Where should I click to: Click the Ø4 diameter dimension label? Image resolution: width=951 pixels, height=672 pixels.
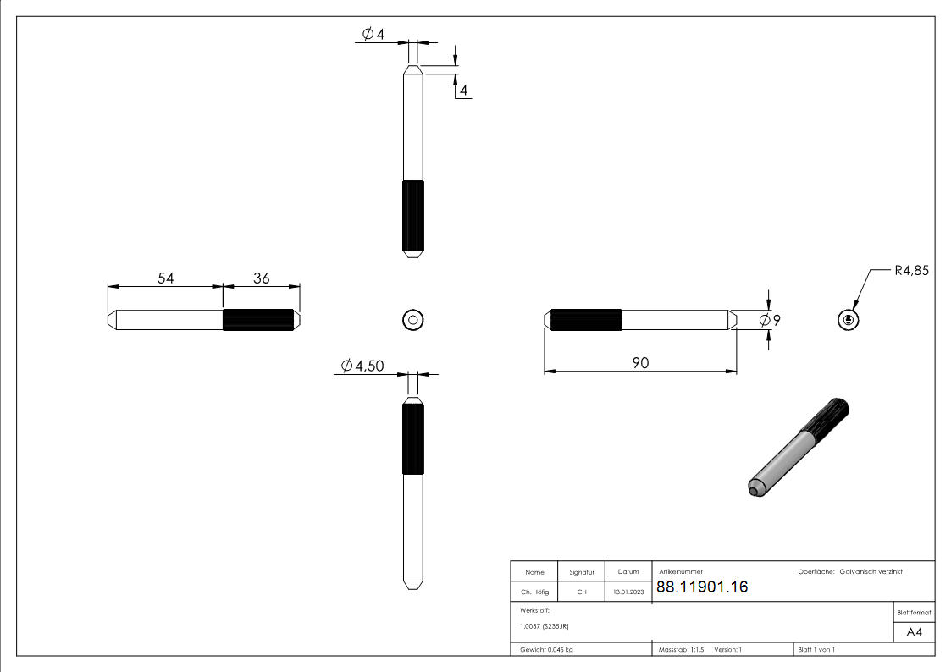pos(373,34)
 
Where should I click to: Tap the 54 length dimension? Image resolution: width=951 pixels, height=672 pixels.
pos(166,278)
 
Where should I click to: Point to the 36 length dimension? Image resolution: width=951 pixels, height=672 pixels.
pos(262,278)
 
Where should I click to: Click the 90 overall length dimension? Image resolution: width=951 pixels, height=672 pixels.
pos(640,362)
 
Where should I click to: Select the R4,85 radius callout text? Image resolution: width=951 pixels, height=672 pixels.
pos(911,272)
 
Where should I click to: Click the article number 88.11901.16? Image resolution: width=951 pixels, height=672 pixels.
pos(702,587)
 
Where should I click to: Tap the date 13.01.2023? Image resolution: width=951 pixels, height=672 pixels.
pos(628,592)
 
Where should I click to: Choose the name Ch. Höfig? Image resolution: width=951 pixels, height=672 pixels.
pos(534,592)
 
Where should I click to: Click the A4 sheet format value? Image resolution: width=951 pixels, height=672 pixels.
pos(915,632)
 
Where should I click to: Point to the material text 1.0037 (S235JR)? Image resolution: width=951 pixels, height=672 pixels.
pos(545,626)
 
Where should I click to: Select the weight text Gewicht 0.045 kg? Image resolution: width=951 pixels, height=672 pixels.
pos(546,649)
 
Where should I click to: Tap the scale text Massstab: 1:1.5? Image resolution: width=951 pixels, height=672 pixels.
pos(682,649)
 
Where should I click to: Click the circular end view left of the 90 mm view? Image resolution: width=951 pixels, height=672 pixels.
pos(412,320)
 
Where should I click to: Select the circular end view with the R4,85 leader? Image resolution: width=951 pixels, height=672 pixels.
pos(848,320)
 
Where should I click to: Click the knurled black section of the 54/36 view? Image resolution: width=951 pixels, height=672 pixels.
pos(258,320)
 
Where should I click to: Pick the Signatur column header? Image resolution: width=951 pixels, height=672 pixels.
pos(582,572)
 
